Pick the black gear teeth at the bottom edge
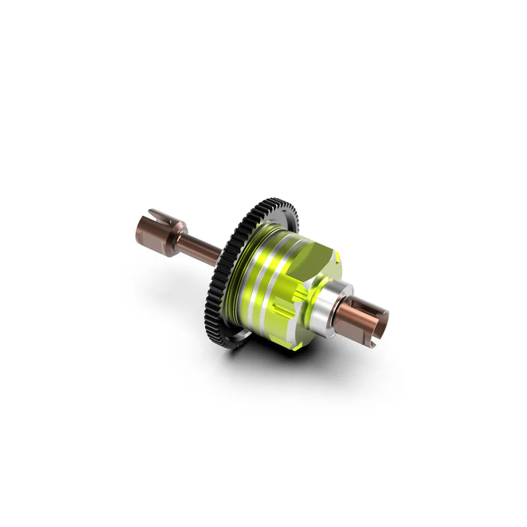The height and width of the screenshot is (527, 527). (227, 339)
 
